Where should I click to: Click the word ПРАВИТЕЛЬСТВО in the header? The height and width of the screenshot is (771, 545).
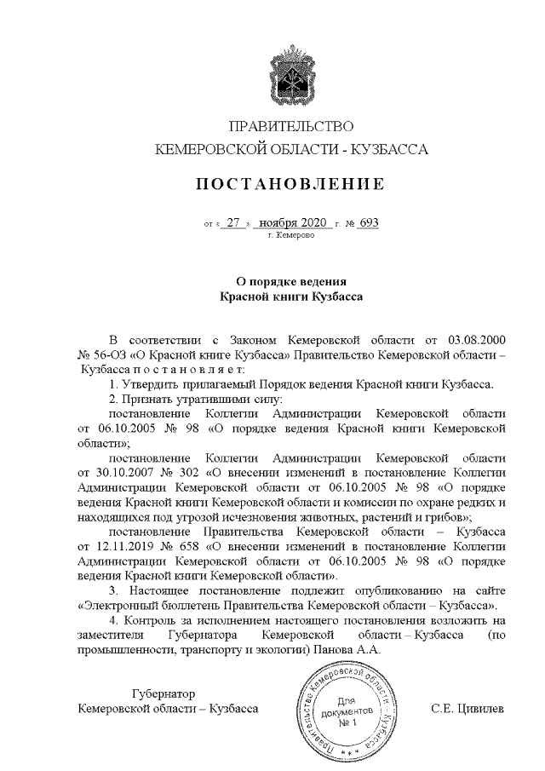tap(291, 128)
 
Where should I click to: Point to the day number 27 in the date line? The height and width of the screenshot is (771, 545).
tap(234, 223)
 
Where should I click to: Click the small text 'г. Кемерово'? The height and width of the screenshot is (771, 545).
tap(291, 234)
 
